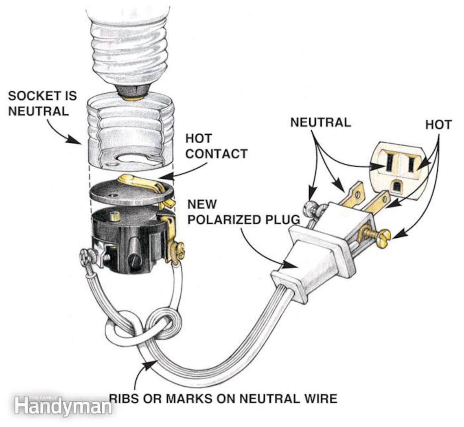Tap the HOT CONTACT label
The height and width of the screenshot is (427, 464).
(x=216, y=146)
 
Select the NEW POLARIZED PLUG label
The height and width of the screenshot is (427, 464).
(x=244, y=212)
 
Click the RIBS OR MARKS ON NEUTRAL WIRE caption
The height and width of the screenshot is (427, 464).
(x=223, y=398)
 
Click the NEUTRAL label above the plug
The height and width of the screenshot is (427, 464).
(x=320, y=122)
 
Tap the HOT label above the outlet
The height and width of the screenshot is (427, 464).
(x=438, y=125)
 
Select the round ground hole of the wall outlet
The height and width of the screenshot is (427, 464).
(x=396, y=186)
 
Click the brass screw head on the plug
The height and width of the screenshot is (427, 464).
(x=384, y=235)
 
